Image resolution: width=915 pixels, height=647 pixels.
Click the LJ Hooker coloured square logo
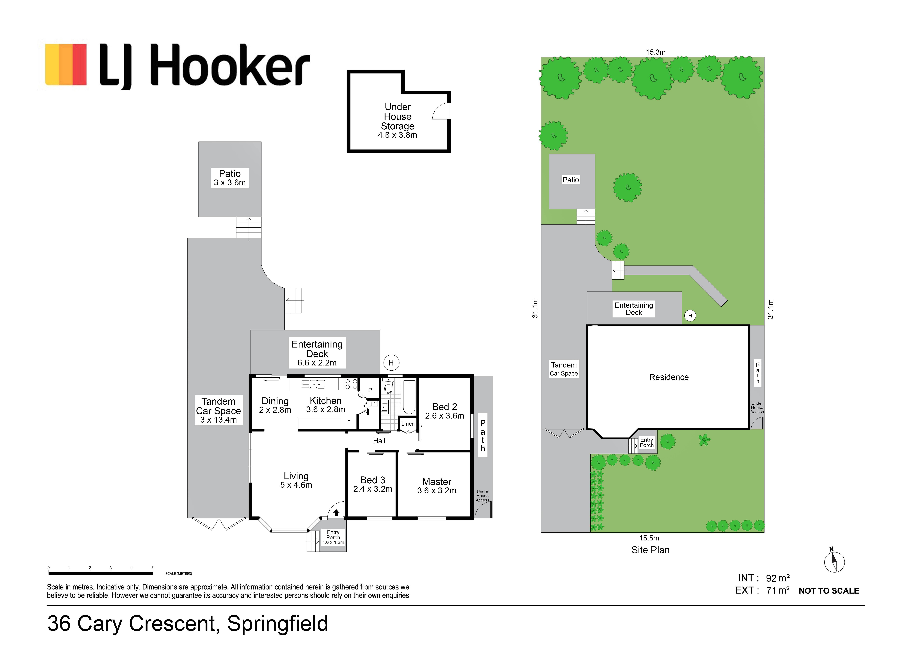(66, 65)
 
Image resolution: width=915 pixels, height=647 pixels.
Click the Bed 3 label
(373, 484)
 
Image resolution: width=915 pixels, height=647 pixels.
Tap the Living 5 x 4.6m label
(296, 480)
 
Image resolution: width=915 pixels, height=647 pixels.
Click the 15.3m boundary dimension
(656, 52)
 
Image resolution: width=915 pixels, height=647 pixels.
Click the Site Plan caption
(650, 550)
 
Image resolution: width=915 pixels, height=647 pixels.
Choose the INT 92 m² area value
(778, 578)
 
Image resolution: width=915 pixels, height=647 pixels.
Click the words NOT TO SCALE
(829, 591)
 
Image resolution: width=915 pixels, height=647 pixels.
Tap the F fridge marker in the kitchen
(349, 421)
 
